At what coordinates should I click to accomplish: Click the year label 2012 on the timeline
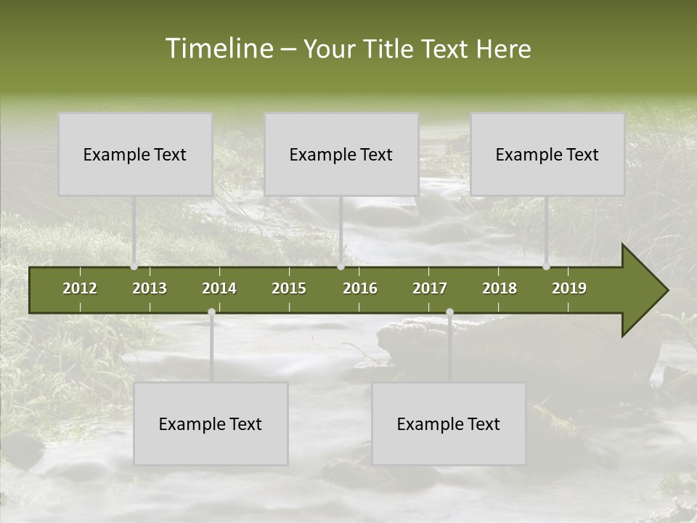pos(80,288)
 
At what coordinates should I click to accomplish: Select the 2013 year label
pos(150,288)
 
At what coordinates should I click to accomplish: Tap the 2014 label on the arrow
pos(219,288)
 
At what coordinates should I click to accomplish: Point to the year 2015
pos(289,288)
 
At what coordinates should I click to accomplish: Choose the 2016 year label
pos(360,288)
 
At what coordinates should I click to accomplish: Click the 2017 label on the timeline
pos(430,288)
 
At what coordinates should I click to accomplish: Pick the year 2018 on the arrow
pos(500,288)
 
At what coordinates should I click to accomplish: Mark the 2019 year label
pos(569,288)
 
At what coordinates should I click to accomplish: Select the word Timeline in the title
pos(218,49)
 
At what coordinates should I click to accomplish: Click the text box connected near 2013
pos(135,154)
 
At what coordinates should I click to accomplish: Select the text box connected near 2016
pos(341,154)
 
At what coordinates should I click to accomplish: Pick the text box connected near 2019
pos(547,154)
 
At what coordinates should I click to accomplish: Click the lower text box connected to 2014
pos(211,423)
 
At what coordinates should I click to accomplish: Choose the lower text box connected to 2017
pos(449,423)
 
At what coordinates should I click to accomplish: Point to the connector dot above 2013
pos(134,267)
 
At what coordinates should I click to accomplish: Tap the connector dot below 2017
pos(450,312)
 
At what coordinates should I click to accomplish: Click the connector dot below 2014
pos(211,312)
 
